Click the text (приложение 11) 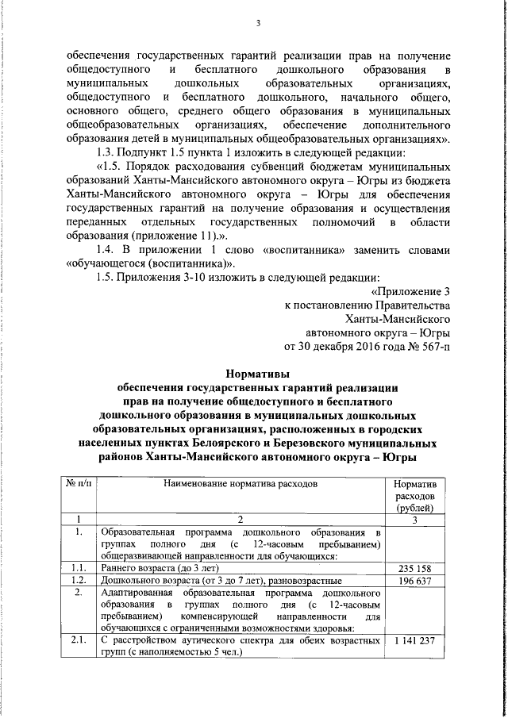pyautogui.click(x=170, y=236)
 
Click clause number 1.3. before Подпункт pyautogui.click(x=106, y=152)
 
